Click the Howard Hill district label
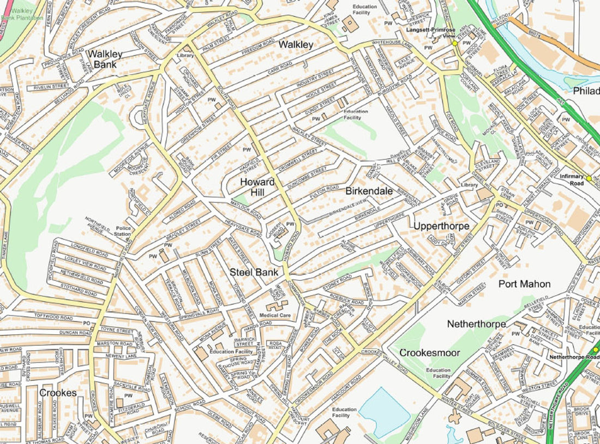[257, 187]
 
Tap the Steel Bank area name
[254, 272]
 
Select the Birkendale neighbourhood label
[369, 191]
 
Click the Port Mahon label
[524, 284]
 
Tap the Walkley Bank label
[105, 59]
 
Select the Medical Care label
[275, 315]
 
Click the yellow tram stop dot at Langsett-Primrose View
[454, 43]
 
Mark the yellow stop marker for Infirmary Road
[589, 178]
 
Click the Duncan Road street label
[60, 332]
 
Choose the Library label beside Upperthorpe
[469, 185]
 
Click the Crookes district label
[58, 393]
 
